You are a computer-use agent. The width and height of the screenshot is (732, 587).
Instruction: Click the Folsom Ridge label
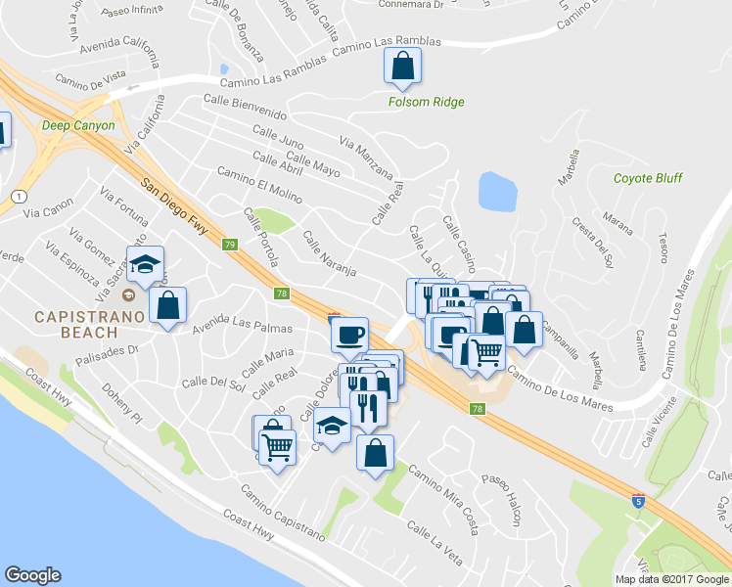(x=426, y=102)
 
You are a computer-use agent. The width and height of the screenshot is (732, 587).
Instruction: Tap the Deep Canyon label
(x=78, y=125)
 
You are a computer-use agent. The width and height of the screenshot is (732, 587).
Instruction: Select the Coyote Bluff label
(x=647, y=178)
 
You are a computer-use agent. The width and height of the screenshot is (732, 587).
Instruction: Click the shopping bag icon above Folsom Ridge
(x=401, y=68)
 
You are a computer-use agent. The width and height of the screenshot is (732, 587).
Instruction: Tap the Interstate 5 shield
(x=638, y=501)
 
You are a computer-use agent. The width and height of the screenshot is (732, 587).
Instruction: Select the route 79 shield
(x=229, y=245)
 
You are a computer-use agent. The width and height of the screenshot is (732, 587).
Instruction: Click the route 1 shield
(x=19, y=196)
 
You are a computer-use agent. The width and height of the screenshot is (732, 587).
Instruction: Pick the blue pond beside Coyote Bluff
(x=498, y=192)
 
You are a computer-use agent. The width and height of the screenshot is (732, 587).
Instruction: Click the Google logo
(x=32, y=574)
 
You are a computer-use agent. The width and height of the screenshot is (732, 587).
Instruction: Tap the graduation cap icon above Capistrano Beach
(x=145, y=263)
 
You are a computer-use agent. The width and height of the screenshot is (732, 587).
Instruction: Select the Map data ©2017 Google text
(x=670, y=579)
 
